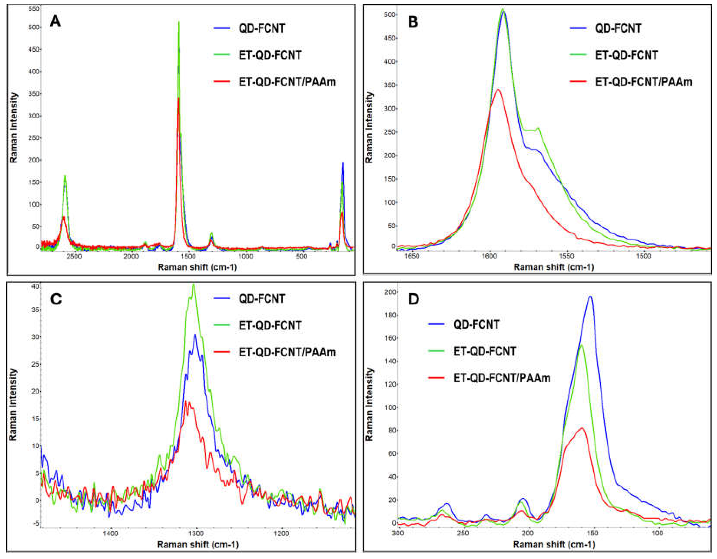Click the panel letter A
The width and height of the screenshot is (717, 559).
click(55, 22)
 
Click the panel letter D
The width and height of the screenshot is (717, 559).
click(413, 299)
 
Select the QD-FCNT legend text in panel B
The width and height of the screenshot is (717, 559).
click(618, 28)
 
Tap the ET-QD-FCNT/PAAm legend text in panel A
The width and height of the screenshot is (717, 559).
click(287, 82)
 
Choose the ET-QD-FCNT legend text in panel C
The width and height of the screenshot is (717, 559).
click(270, 326)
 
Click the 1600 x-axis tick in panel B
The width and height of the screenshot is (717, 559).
click(489, 256)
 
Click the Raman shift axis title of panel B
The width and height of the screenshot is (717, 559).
click(553, 267)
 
